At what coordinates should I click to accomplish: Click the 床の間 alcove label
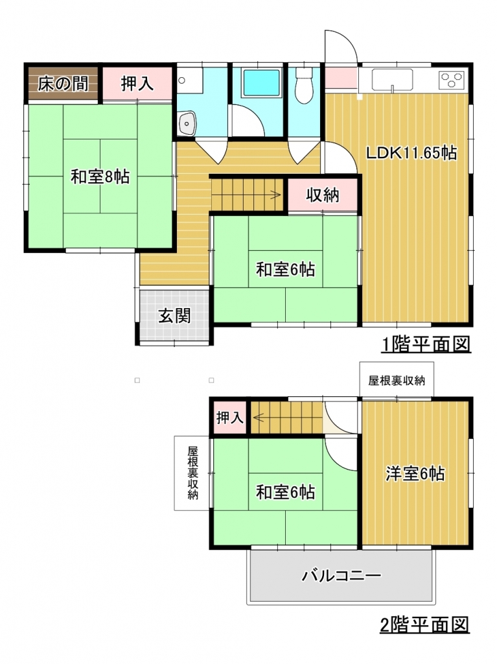tap(63, 84)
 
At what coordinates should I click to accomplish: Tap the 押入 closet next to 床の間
tap(137, 84)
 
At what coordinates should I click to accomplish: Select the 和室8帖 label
tap(100, 176)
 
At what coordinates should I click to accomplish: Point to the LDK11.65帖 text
tap(411, 152)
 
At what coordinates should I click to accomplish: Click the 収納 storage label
tap(323, 195)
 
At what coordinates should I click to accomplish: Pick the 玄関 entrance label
tap(174, 316)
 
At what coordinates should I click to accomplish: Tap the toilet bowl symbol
tap(303, 86)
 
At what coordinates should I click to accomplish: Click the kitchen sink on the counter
tap(392, 80)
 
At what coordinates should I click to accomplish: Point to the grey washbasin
tap(187, 123)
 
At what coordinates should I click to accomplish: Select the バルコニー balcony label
tap(341, 576)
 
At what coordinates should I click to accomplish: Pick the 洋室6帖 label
tap(415, 473)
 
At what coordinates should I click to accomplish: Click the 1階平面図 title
tap(426, 344)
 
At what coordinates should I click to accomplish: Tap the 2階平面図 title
tap(424, 624)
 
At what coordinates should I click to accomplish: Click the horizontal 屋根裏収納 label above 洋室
tap(397, 380)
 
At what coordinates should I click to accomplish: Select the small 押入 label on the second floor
tap(230, 418)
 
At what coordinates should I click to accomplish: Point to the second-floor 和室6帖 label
tap(285, 492)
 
